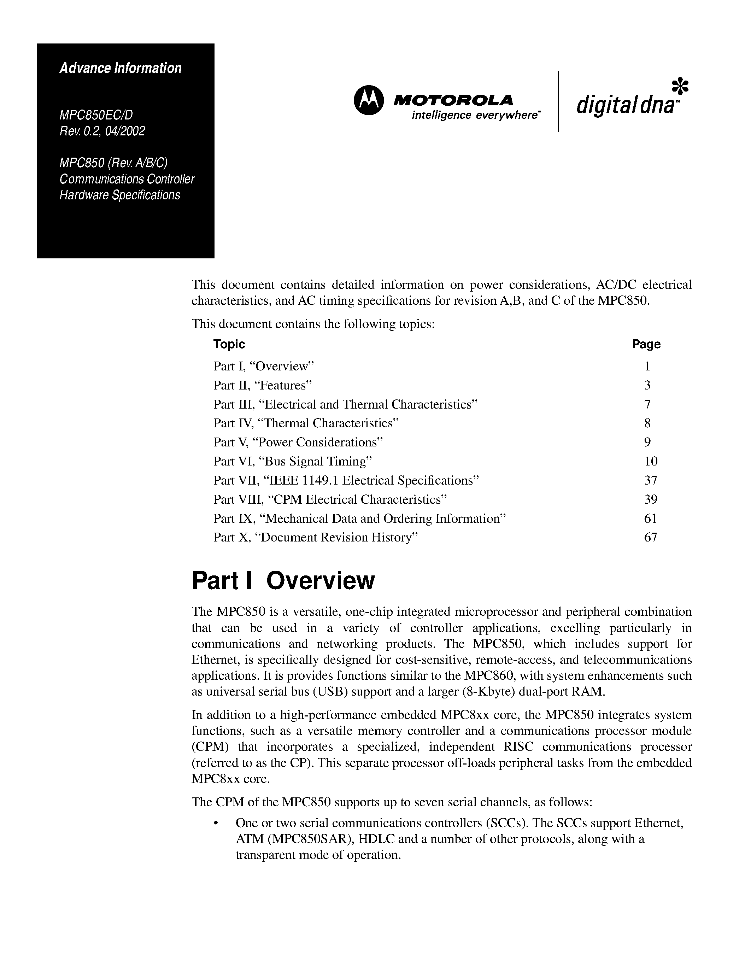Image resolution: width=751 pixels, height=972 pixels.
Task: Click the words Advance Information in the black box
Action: (x=121, y=68)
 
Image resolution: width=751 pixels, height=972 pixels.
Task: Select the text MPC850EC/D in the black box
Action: (x=96, y=115)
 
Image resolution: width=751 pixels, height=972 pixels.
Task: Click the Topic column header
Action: (x=229, y=344)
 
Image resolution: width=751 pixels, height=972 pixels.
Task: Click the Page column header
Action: (x=646, y=344)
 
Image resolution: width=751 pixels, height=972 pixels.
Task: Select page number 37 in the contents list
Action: (x=650, y=480)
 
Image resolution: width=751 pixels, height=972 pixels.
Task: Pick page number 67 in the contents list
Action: (x=650, y=537)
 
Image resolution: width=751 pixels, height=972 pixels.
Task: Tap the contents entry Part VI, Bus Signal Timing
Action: (x=292, y=461)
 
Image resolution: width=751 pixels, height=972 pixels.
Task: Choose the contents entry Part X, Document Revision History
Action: (x=316, y=537)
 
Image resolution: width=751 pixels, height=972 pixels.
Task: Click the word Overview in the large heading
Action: (x=320, y=581)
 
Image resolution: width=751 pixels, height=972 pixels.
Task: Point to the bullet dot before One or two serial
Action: (x=216, y=823)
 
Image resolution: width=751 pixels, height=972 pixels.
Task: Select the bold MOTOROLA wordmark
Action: (x=453, y=101)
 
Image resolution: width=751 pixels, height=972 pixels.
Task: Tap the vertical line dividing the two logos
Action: (x=558, y=101)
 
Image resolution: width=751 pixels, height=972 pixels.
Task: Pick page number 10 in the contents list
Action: (x=650, y=461)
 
